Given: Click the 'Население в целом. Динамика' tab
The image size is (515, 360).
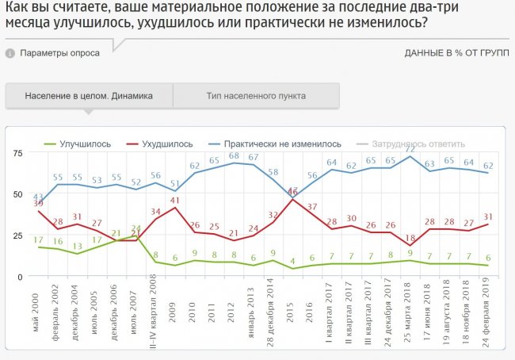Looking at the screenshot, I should click(89, 96).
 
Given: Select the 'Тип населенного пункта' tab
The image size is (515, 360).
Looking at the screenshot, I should click(256, 96).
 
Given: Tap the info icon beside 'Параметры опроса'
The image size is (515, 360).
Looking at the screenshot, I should click(10, 54).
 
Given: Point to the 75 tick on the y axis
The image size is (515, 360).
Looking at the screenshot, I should click(16, 152).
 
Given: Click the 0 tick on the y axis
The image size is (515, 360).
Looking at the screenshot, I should click(19, 276).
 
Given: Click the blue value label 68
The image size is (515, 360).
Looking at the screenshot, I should click(235, 156).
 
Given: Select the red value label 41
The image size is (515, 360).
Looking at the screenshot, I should click(175, 200).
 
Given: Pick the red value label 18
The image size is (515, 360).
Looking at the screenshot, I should click(410, 238).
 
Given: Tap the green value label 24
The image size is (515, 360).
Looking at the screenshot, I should click(135, 228).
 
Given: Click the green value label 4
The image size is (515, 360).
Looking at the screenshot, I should click(292, 261).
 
